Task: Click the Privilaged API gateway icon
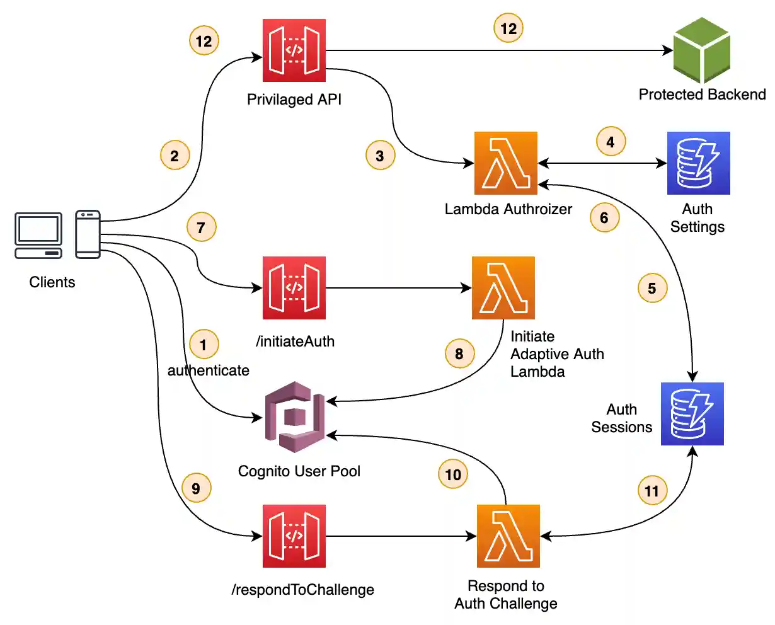294,50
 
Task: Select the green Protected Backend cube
701,50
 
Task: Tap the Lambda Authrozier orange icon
506,163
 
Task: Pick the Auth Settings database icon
698,163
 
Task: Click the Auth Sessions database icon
692,414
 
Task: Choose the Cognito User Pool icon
294,416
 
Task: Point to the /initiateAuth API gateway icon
294,288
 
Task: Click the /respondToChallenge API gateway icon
294,536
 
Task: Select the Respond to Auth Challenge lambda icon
508,536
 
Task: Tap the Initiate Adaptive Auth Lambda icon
503,288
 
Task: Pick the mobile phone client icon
88,234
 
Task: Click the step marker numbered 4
611,142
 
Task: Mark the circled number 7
202,227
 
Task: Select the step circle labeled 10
454,474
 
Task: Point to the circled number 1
204,345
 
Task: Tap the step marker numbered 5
652,288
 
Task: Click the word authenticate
208,370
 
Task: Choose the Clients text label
52,282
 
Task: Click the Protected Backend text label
702,95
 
